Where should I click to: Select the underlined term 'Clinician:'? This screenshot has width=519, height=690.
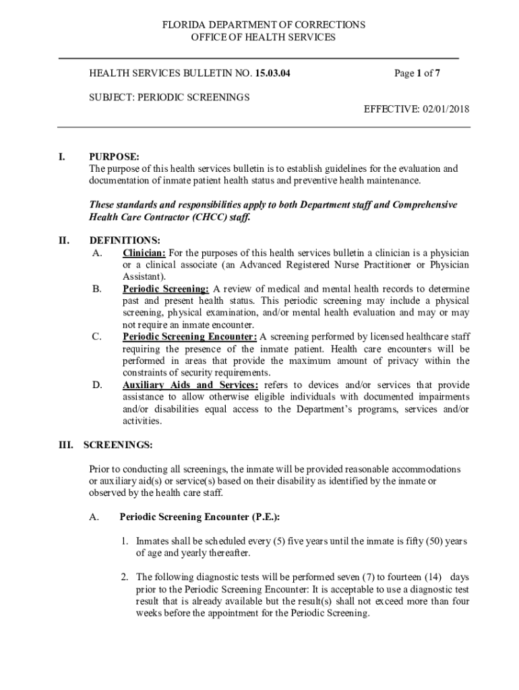tap(144, 253)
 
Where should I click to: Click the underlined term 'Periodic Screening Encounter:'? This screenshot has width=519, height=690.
tap(189, 337)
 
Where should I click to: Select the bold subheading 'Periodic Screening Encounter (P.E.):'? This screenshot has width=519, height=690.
tap(200, 517)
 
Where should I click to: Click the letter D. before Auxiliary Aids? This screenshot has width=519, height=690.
tap(97, 385)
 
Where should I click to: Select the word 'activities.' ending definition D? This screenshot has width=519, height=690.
tap(142, 421)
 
